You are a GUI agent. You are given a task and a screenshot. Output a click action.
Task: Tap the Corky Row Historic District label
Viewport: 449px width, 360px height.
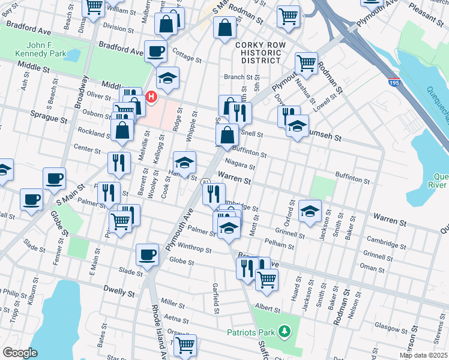tap(258, 53)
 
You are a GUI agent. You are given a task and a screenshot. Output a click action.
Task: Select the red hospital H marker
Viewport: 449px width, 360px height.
tap(151, 96)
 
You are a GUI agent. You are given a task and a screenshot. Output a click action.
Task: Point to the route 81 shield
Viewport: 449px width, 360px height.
tap(206, 182)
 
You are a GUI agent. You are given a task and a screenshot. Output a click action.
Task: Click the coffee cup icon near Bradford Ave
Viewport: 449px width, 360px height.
tap(155, 51)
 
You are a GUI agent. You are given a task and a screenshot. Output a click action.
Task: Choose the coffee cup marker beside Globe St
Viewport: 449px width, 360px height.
tap(147, 254)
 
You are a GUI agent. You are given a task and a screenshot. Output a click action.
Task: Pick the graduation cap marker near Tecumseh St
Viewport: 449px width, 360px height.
tap(297, 127)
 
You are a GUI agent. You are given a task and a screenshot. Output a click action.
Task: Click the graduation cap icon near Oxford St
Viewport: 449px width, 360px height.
tap(310, 211)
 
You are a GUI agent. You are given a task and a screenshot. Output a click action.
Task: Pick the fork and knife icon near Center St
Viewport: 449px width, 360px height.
tap(119, 161)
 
